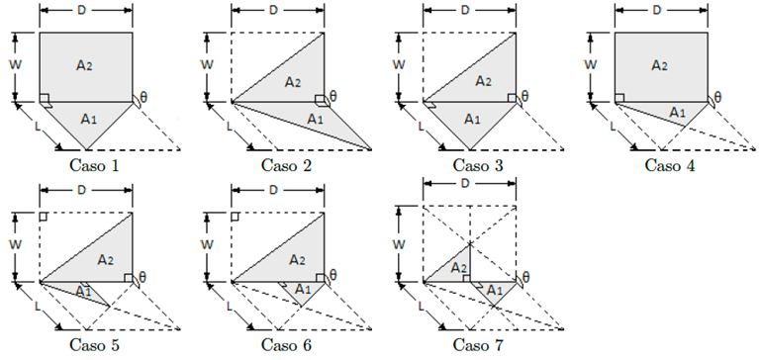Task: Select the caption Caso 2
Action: coord(287,165)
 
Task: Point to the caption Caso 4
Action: coord(669,165)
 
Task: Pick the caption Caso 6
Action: coord(287,345)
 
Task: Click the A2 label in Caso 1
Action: coord(85,65)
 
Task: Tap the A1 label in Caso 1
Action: coord(88,119)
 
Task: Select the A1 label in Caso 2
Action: coord(315,119)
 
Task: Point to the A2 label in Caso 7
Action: coord(458,268)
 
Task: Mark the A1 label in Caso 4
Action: coord(678,112)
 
